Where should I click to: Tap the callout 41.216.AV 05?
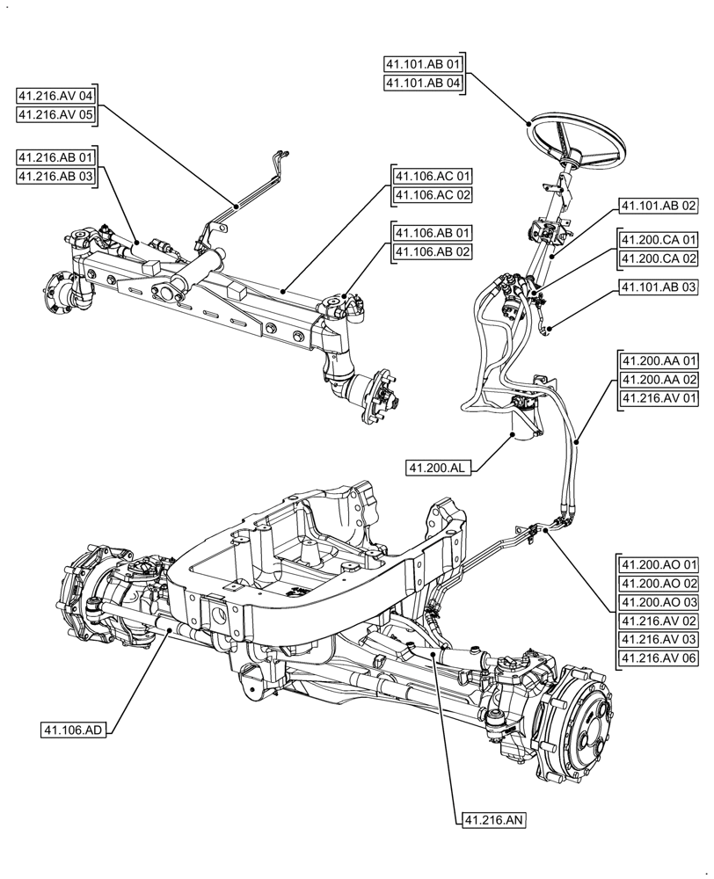(57, 114)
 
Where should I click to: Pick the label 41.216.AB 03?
(57, 176)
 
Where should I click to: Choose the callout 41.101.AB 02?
(659, 206)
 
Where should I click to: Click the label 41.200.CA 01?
(659, 239)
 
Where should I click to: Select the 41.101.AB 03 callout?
(659, 287)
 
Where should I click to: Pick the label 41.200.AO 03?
(659, 603)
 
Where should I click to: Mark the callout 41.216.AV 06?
(659, 658)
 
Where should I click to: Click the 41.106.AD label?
(73, 730)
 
